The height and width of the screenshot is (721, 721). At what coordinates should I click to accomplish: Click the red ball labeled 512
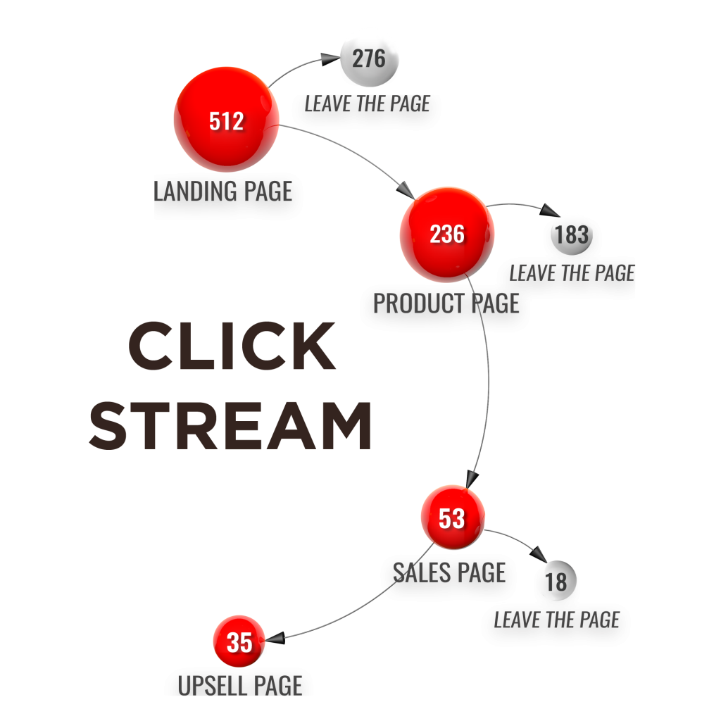click(226, 120)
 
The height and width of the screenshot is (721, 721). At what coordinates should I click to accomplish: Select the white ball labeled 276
click(370, 58)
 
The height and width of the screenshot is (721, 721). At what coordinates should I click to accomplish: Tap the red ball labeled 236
click(447, 234)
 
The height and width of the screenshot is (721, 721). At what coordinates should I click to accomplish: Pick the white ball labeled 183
click(571, 234)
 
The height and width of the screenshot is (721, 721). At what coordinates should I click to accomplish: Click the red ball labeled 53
click(453, 518)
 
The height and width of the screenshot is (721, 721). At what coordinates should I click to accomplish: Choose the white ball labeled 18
click(556, 582)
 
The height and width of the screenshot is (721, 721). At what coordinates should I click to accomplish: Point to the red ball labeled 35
click(239, 641)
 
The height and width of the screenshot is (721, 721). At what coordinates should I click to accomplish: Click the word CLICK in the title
click(232, 346)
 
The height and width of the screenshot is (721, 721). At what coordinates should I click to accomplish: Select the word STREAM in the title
click(230, 425)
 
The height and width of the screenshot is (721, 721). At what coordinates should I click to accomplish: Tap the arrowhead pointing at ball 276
click(330, 60)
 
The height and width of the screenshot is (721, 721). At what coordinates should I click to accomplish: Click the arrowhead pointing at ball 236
click(405, 190)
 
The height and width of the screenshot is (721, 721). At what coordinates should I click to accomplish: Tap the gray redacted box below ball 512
click(228, 196)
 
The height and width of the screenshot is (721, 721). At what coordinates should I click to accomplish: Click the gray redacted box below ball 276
click(366, 112)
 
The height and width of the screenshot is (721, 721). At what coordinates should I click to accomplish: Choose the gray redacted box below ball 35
click(238, 682)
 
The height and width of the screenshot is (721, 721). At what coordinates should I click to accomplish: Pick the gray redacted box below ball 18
click(556, 625)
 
